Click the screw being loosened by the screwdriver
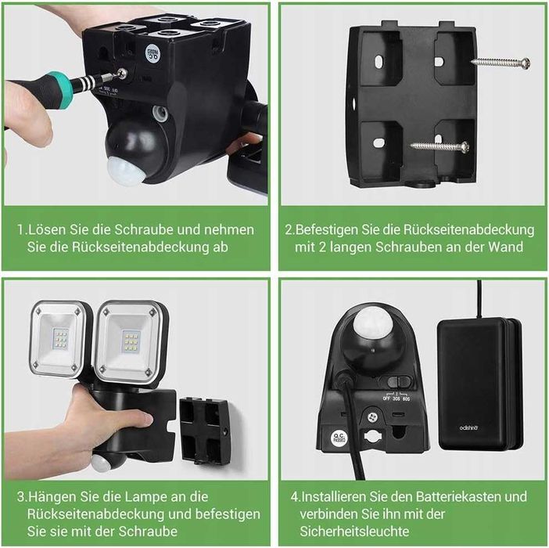click(122, 74)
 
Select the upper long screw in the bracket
click(501, 63)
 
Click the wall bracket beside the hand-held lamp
click(205, 427)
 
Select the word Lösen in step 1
click(45, 230)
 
